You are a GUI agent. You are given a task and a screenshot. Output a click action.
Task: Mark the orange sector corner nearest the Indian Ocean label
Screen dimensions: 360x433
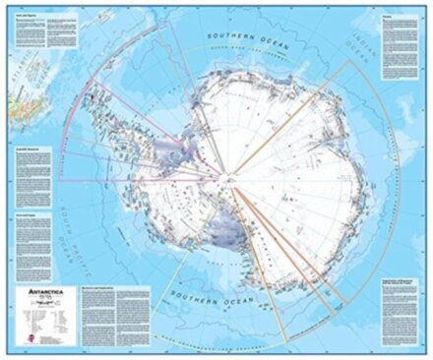pos(349,61)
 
